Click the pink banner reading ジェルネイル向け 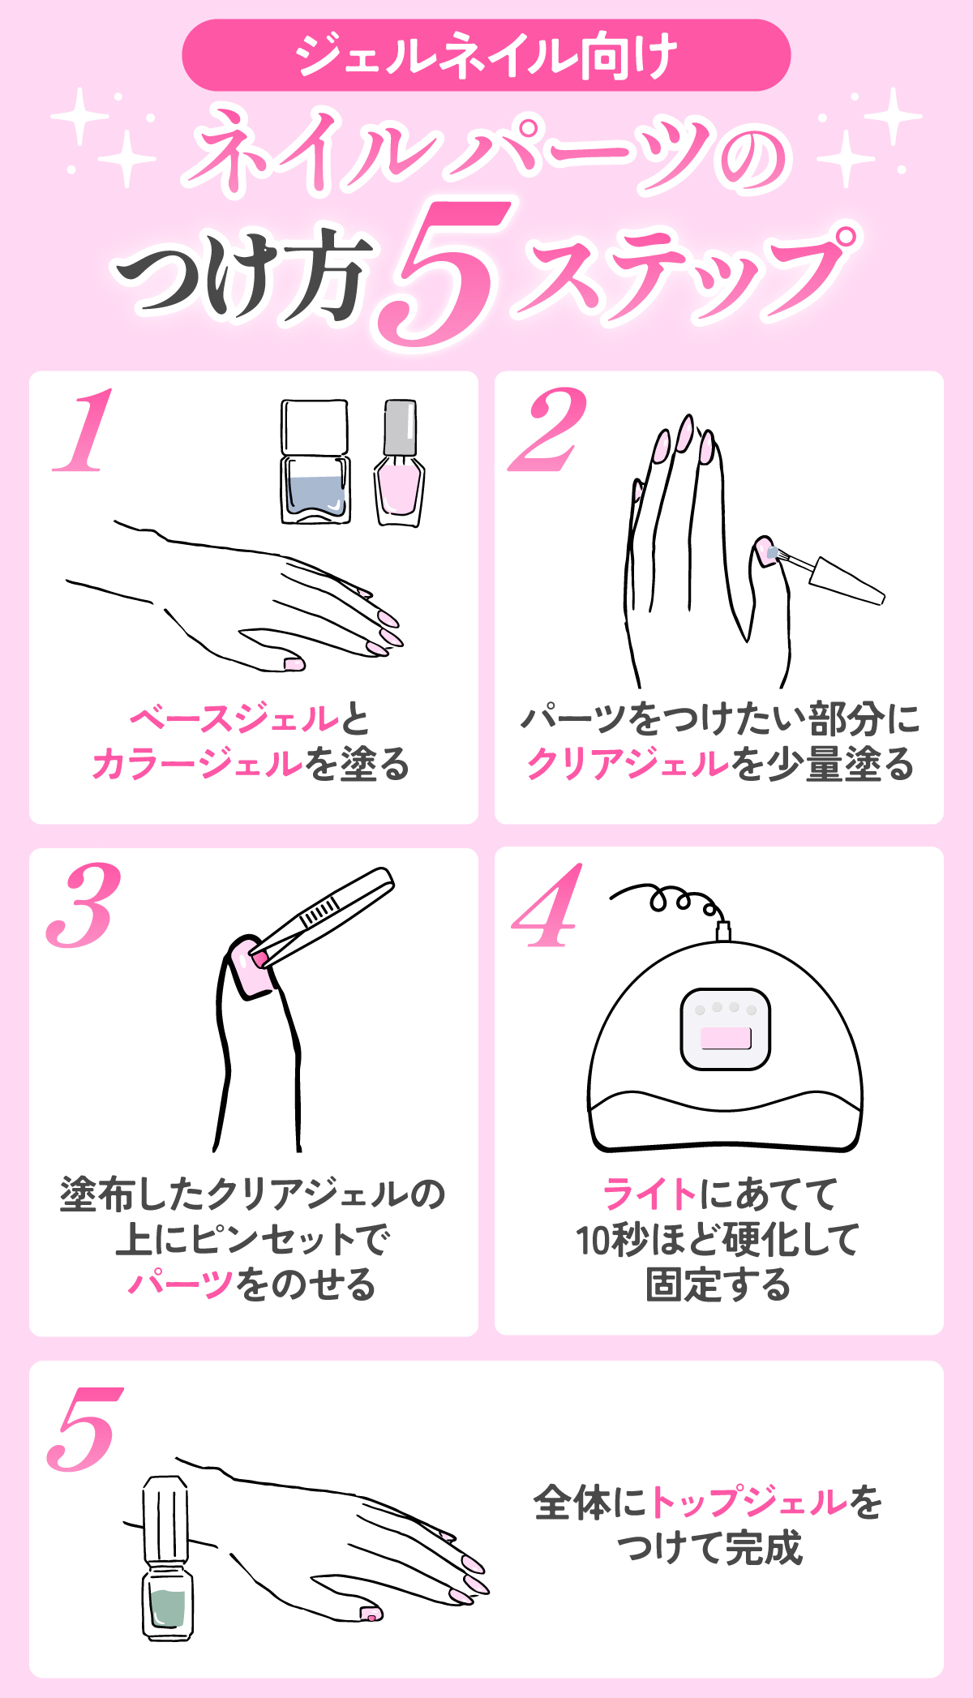click(x=486, y=55)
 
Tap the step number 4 click(x=549, y=907)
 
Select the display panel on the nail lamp click(x=726, y=1030)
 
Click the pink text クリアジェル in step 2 click(x=628, y=764)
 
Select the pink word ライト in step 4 click(x=649, y=1194)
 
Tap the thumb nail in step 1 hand click(x=294, y=664)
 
